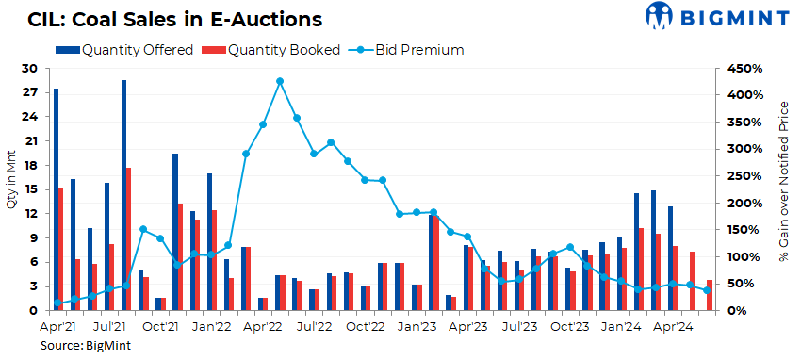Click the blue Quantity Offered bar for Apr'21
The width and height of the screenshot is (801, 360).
pos(56,199)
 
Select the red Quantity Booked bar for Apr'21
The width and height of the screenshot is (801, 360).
pos(61,249)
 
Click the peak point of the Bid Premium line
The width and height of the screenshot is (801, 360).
pos(280,81)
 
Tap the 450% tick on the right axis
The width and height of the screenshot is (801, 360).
pos(737,69)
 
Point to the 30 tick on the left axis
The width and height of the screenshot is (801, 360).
pos(31,69)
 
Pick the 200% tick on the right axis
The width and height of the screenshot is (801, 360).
pos(737,203)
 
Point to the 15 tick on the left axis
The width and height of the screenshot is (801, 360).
pos(31,189)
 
